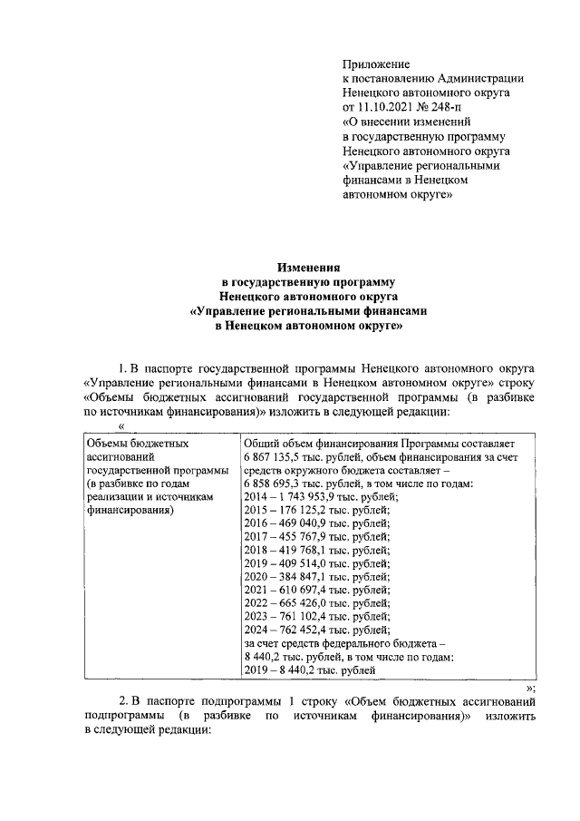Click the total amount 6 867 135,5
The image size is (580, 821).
[x=279, y=456]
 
